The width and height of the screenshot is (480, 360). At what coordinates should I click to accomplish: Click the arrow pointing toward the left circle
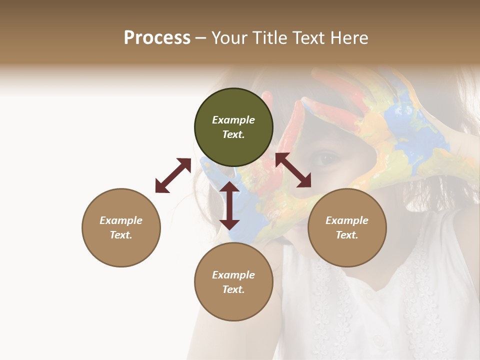[x=173, y=175]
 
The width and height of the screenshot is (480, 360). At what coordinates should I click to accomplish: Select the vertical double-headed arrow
[x=229, y=205]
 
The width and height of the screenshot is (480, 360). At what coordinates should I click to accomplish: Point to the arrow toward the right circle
[x=293, y=170]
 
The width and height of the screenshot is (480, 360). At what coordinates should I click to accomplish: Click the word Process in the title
[x=157, y=38]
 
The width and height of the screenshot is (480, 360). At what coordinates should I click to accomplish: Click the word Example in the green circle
[x=233, y=120]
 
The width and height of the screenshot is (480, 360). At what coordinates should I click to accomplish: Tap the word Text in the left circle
[x=121, y=235]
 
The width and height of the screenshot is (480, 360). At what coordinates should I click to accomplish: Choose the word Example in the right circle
[x=347, y=220]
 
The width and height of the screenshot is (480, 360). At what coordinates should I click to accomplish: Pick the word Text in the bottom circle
[x=233, y=289]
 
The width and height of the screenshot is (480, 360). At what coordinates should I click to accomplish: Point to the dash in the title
[x=201, y=38]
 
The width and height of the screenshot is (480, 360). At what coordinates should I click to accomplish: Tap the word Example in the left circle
[x=121, y=220]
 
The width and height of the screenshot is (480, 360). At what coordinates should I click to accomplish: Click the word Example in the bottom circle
[x=233, y=275]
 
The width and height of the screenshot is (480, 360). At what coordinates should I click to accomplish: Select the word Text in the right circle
[x=347, y=235]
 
